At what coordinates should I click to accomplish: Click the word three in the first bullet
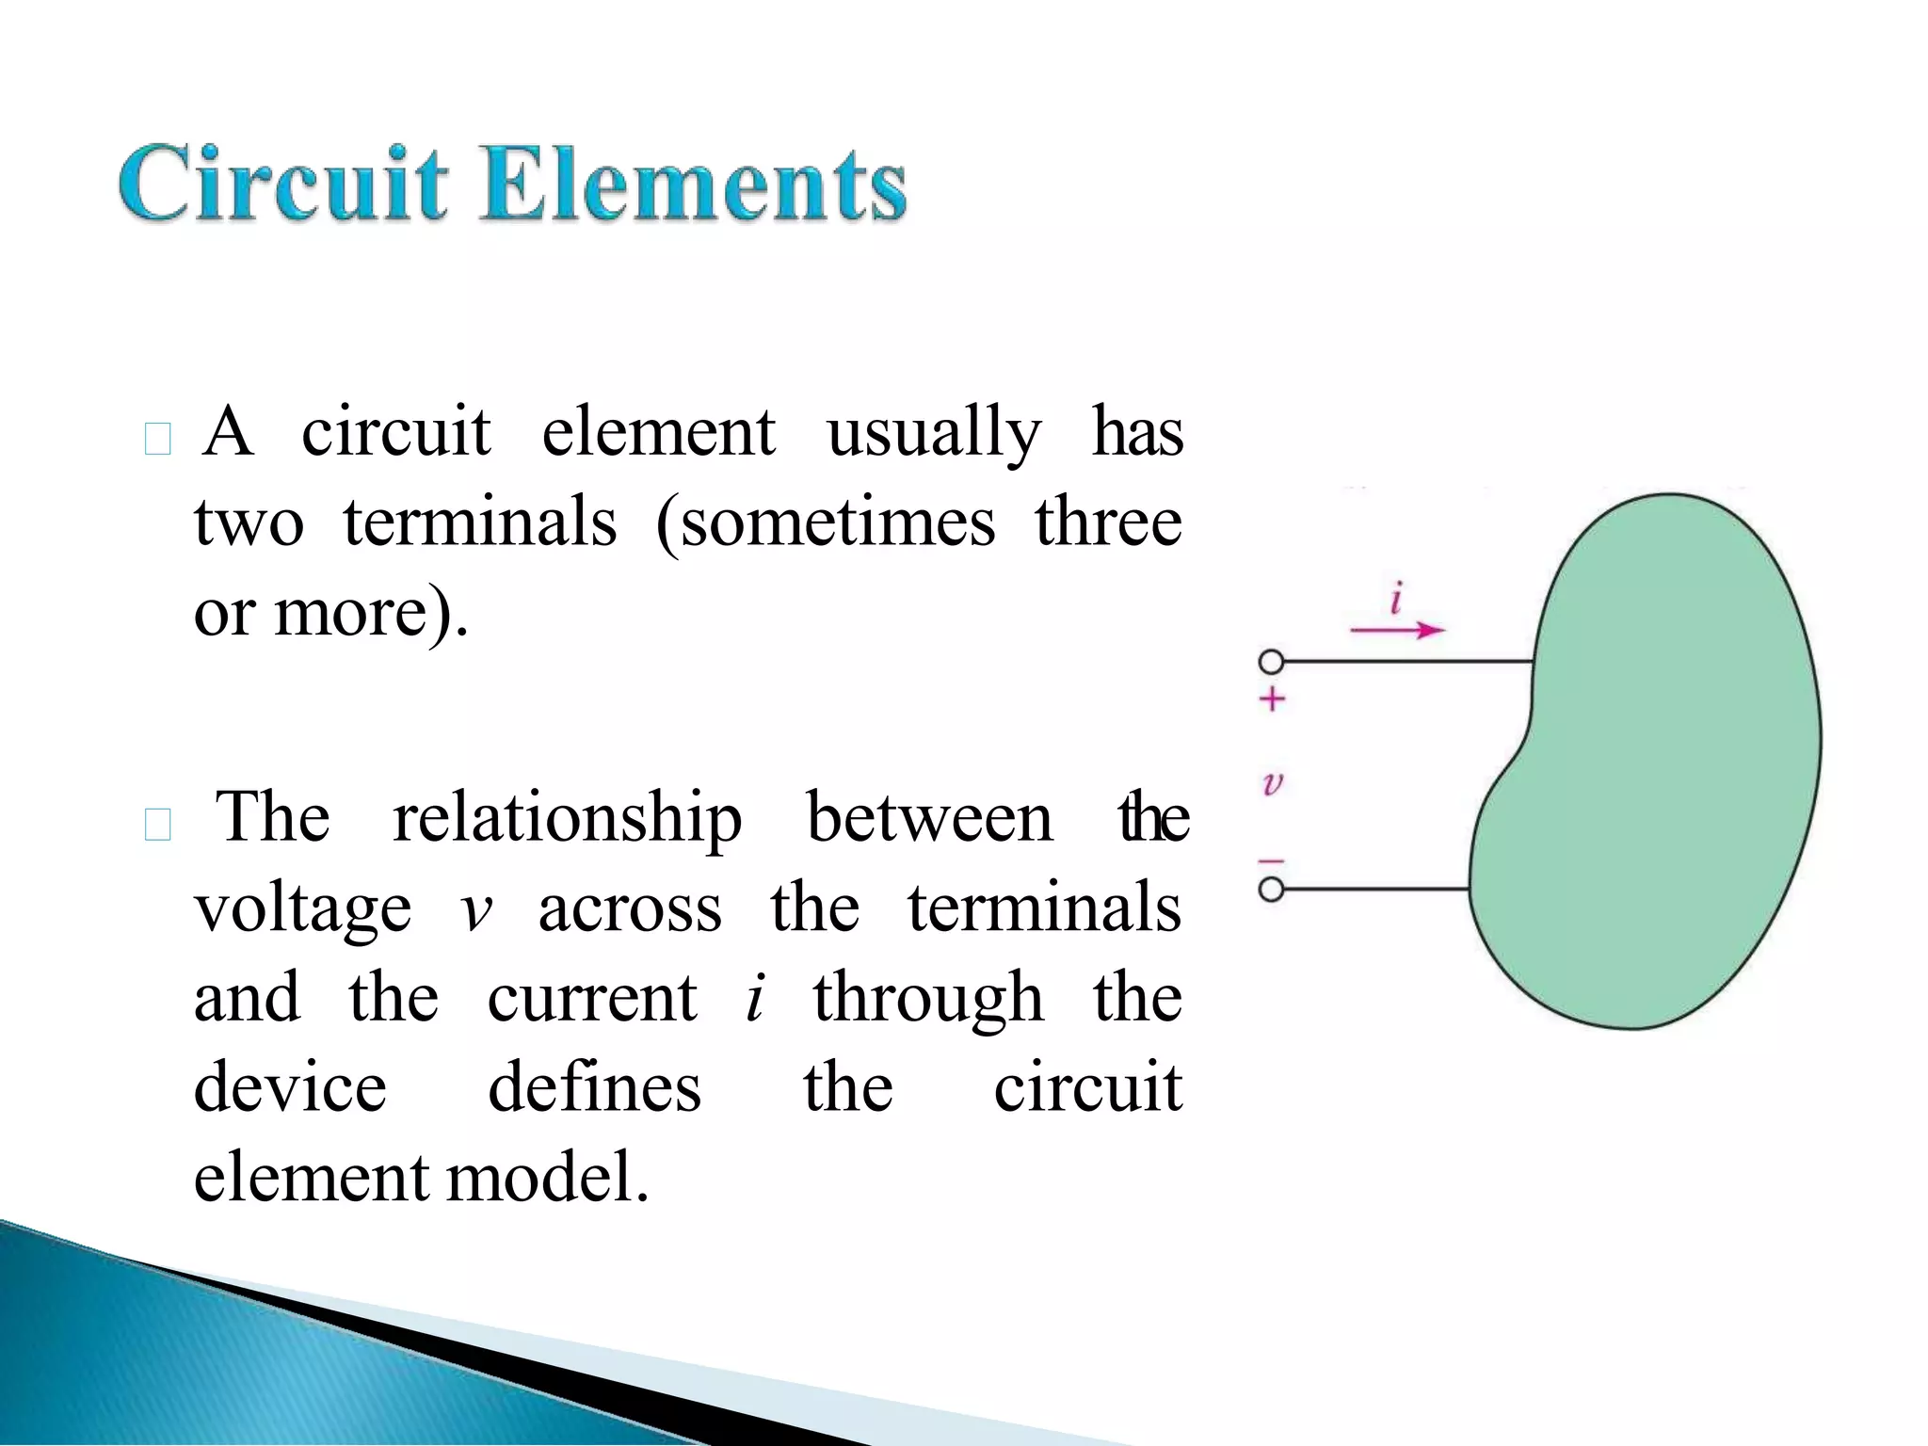(1108, 523)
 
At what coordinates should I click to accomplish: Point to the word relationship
(567, 819)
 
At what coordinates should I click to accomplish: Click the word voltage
(302, 911)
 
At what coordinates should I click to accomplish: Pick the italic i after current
(755, 998)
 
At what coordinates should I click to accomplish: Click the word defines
(594, 1088)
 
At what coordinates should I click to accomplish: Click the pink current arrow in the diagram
(1397, 630)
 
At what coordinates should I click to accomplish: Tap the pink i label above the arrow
(1397, 598)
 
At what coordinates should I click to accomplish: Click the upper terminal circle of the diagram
(1271, 663)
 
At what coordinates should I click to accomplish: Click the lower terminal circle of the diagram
(1271, 889)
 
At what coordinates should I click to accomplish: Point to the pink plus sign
(1272, 699)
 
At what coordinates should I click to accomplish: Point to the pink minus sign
(1272, 860)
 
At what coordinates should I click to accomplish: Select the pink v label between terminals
(1272, 782)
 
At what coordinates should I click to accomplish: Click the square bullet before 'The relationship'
(158, 825)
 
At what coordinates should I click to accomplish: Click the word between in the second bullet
(929, 819)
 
